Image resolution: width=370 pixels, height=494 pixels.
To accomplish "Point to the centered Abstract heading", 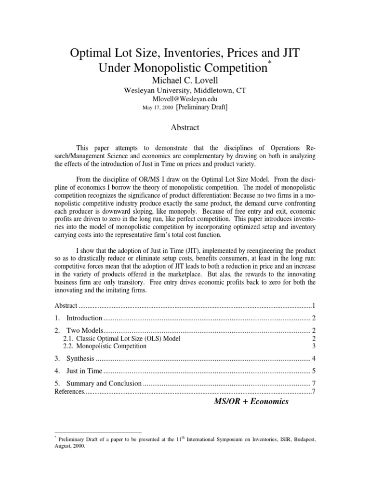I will click(x=185, y=128).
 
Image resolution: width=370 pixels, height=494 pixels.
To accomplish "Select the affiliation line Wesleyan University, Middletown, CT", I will click(x=185, y=90).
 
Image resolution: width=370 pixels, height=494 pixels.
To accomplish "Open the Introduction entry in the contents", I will click(x=84, y=318).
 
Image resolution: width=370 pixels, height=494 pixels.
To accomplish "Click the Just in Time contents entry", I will click(x=84, y=371).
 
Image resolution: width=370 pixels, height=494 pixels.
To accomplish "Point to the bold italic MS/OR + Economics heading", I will click(x=251, y=401).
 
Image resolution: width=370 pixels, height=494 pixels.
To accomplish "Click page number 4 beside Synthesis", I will click(x=313, y=358).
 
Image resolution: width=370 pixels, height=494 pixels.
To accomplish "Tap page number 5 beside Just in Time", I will click(x=313, y=371).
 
